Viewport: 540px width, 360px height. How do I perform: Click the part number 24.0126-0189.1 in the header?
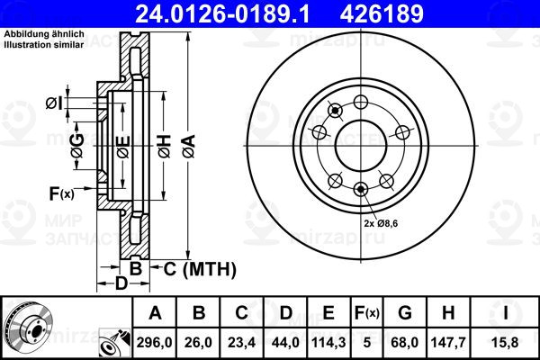click(212, 13)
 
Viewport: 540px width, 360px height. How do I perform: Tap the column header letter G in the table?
click(405, 313)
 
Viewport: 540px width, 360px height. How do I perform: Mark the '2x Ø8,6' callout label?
click(382, 221)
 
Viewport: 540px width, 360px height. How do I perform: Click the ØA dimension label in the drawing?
click(187, 143)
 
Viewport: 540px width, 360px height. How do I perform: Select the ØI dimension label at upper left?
click(54, 103)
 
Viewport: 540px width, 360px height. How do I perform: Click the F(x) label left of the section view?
click(61, 192)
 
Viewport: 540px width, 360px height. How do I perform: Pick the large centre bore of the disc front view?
click(361, 143)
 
